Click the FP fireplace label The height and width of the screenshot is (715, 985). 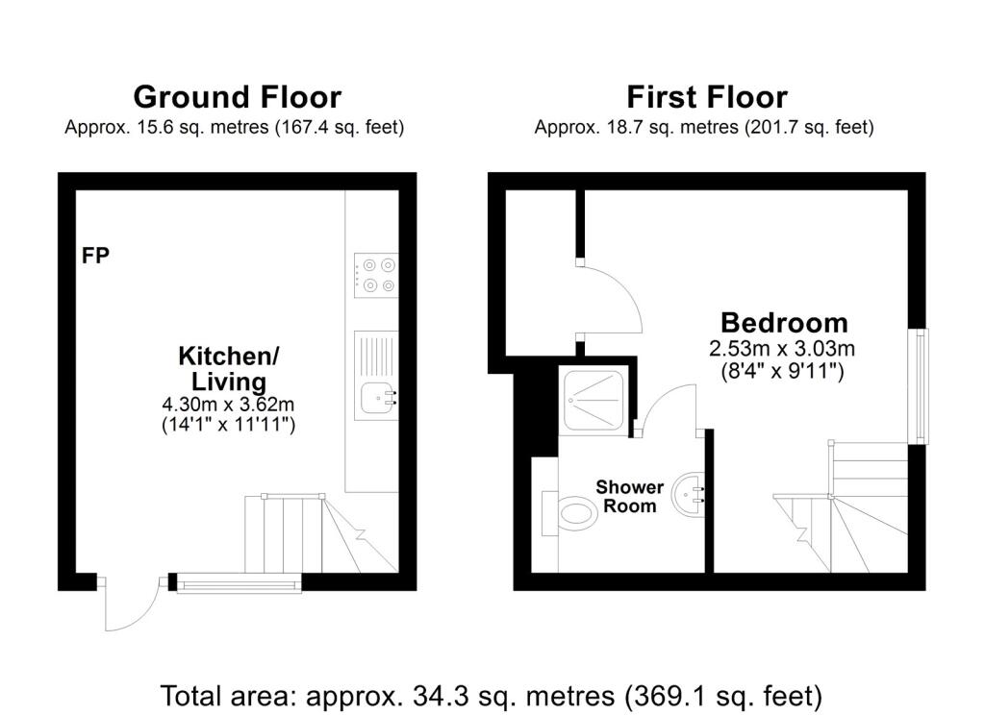tap(95, 256)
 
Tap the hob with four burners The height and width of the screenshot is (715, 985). tap(376, 276)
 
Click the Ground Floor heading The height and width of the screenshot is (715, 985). tap(238, 97)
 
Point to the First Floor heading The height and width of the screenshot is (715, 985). tap(707, 97)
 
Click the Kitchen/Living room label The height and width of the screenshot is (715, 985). tap(229, 368)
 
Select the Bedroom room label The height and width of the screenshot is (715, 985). tap(784, 323)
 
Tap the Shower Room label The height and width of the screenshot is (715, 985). tap(629, 497)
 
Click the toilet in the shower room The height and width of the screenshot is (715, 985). tap(569, 513)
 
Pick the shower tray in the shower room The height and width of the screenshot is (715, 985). tap(593, 401)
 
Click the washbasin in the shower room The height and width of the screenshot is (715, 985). tap(689, 494)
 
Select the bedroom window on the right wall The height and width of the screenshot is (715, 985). tap(921, 386)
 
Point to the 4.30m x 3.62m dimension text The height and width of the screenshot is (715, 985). tap(229, 404)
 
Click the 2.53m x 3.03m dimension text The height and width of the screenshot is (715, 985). tap(782, 349)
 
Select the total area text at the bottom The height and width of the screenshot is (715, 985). tap(492, 696)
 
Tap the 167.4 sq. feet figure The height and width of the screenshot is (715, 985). tap(338, 128)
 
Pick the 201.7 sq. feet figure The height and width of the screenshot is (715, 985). tap(808, 128)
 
